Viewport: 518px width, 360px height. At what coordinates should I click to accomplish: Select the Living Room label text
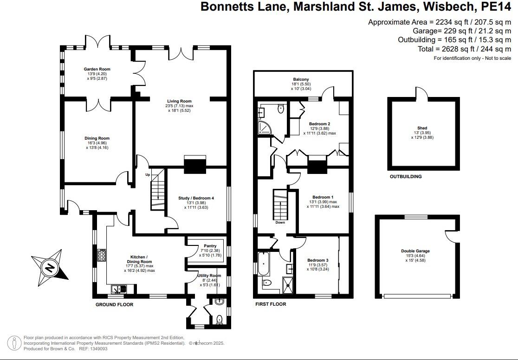[x=179, y=101]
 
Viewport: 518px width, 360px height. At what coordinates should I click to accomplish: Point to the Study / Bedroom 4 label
[x=196, y=198]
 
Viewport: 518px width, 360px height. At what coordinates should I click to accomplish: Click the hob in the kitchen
[x=102, y=257]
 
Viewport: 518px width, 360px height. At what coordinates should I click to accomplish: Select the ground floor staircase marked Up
[x=158, y=190]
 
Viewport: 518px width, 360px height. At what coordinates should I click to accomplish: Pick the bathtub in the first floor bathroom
[x=263, y=264]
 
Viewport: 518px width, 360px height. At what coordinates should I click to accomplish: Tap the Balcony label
[x=301, y=79]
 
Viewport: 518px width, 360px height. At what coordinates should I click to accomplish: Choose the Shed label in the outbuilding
[x=422, y=128]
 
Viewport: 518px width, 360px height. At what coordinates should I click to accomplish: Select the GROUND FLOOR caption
[x=114, y=305]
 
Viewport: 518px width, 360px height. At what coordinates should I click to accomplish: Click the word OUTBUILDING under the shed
[x=405, y=177]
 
